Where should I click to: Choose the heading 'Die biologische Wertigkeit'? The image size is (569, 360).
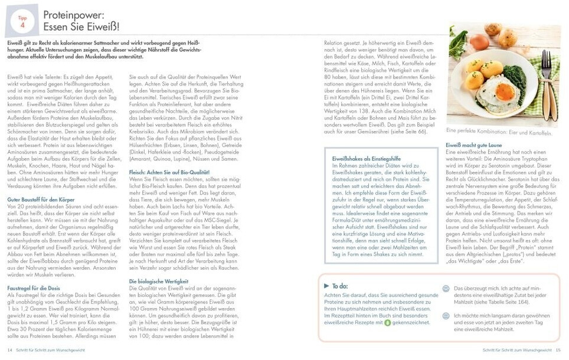pyautogui.click(x=155, y=282)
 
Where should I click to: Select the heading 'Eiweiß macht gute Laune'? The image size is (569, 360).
pyautogui.click(x=474, y=145)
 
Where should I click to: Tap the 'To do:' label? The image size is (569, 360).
pyautogui.click(x=341, y=286)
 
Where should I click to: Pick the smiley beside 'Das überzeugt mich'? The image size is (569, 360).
pyautogui.click(x=446, y=289)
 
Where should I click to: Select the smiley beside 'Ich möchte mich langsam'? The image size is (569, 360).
pyautogui.click(x=446, y=316)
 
